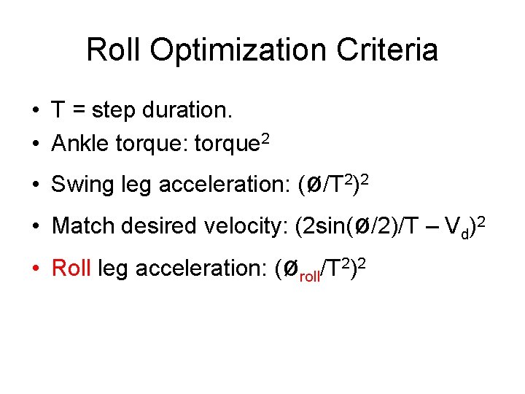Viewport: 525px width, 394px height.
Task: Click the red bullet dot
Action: [x=35, y=269]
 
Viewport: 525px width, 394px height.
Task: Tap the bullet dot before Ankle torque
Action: [x=35, y=144]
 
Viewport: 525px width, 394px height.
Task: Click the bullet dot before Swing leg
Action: [x=35, y=185]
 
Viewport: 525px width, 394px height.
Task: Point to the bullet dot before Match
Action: [x=35, y=226]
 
